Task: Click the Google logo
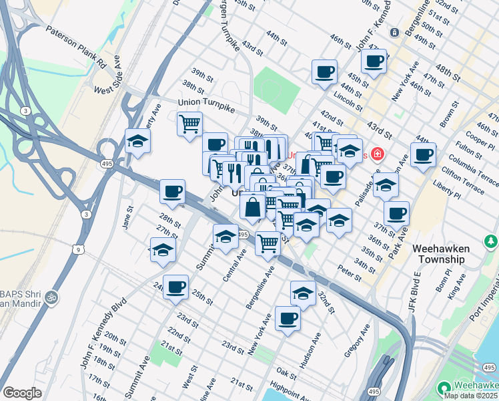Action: pyautogui.click(x=22, y=393)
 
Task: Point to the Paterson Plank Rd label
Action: pyautogui.click(x=76, y=48)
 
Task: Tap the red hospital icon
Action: pyautogui.click(x=377, y=154)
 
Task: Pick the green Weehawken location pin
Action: pyautogui.click(x=444, y=387)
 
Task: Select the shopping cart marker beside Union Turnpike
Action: pyautogui.click(x=190, y=124)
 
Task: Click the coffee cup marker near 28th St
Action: pyautogui.click(x=172, y=192)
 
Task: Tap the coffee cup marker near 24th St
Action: pyautogui.click(x=175, y=287)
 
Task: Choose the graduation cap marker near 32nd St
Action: pyautogui.click(x=303, y=293)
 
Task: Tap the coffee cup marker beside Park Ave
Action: pyautogui.click(x=397, y=214)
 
